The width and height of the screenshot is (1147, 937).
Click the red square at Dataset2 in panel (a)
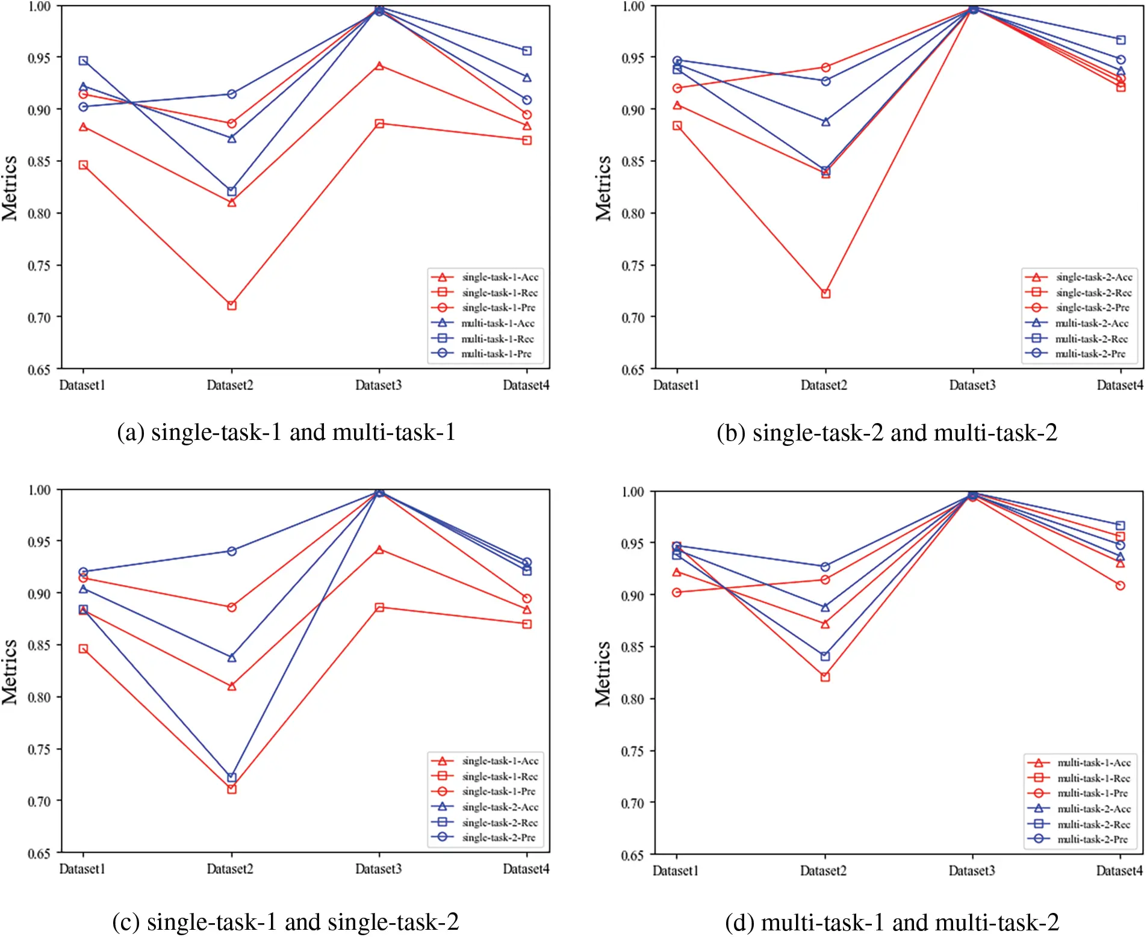pos(232,306)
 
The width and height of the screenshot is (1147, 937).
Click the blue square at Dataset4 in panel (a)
pos(527,51)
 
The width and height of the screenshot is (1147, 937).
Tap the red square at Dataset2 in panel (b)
pos(825,294)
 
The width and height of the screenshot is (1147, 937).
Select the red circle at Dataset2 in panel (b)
pos(825,67)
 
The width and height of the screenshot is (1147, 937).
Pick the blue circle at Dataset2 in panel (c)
pos(232,551)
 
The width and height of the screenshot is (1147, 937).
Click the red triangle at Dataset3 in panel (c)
pos(379,550)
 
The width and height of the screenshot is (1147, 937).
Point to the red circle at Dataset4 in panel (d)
pos(1120,586)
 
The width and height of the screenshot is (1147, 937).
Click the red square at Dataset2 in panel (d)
pos(825,677)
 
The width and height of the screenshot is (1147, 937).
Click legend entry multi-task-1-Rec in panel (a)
pos(497,339)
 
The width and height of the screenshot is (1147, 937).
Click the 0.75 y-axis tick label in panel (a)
pos(39,265)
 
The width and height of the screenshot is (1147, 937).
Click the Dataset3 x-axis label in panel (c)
pos(378,869)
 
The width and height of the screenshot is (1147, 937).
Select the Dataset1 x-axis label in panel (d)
pos(676,871)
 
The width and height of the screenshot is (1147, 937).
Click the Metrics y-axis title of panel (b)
pos(603,188)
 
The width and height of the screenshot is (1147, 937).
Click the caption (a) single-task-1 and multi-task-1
pos(286,433)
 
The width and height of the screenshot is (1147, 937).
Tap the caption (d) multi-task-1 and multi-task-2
pos(892,922)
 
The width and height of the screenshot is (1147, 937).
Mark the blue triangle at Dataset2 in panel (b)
pos(825,122)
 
